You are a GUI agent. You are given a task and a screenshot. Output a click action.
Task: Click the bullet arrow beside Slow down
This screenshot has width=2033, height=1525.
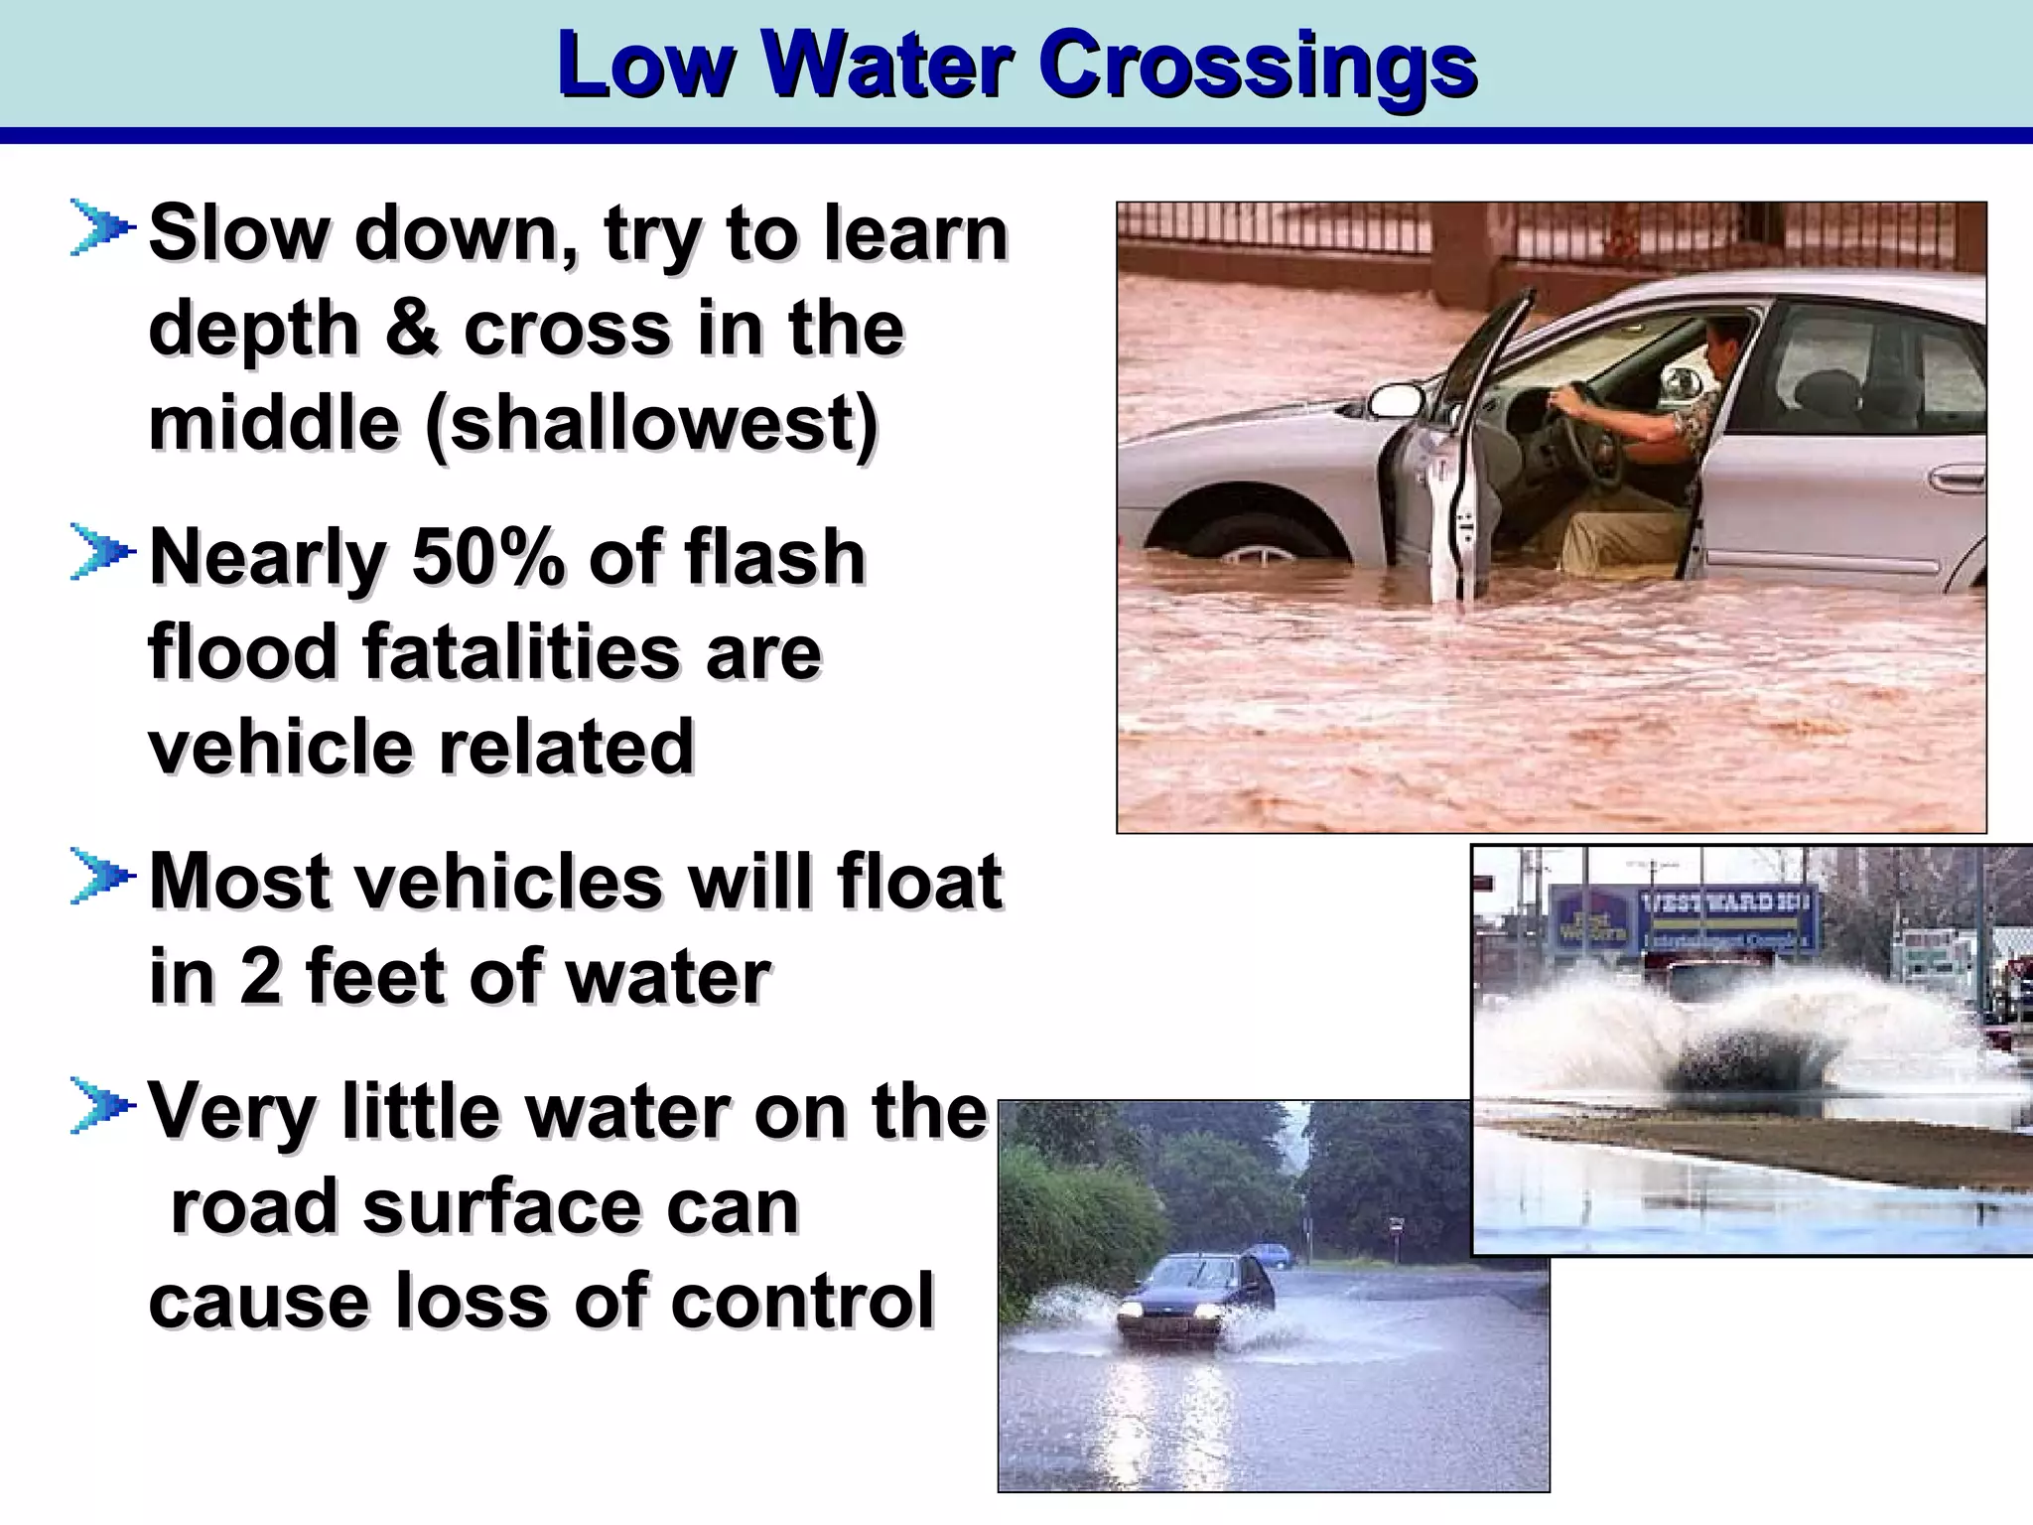[x=101, y=228]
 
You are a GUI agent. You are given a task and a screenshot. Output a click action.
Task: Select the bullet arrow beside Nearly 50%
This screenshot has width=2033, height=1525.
[x=101, y=553]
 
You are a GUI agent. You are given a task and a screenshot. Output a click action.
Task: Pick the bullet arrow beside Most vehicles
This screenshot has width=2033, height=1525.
[x=101, y=878]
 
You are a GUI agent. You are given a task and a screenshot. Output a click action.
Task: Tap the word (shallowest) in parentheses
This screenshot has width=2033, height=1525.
[x=651, y=424]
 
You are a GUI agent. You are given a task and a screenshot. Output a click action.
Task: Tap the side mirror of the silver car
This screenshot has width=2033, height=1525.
[x=1395, y=399]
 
